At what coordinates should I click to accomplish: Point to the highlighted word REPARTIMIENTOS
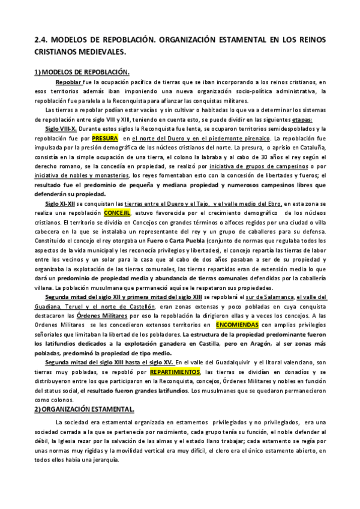175,355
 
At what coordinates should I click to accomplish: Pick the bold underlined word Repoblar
69,82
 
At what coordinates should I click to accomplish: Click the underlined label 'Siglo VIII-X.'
61,128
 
